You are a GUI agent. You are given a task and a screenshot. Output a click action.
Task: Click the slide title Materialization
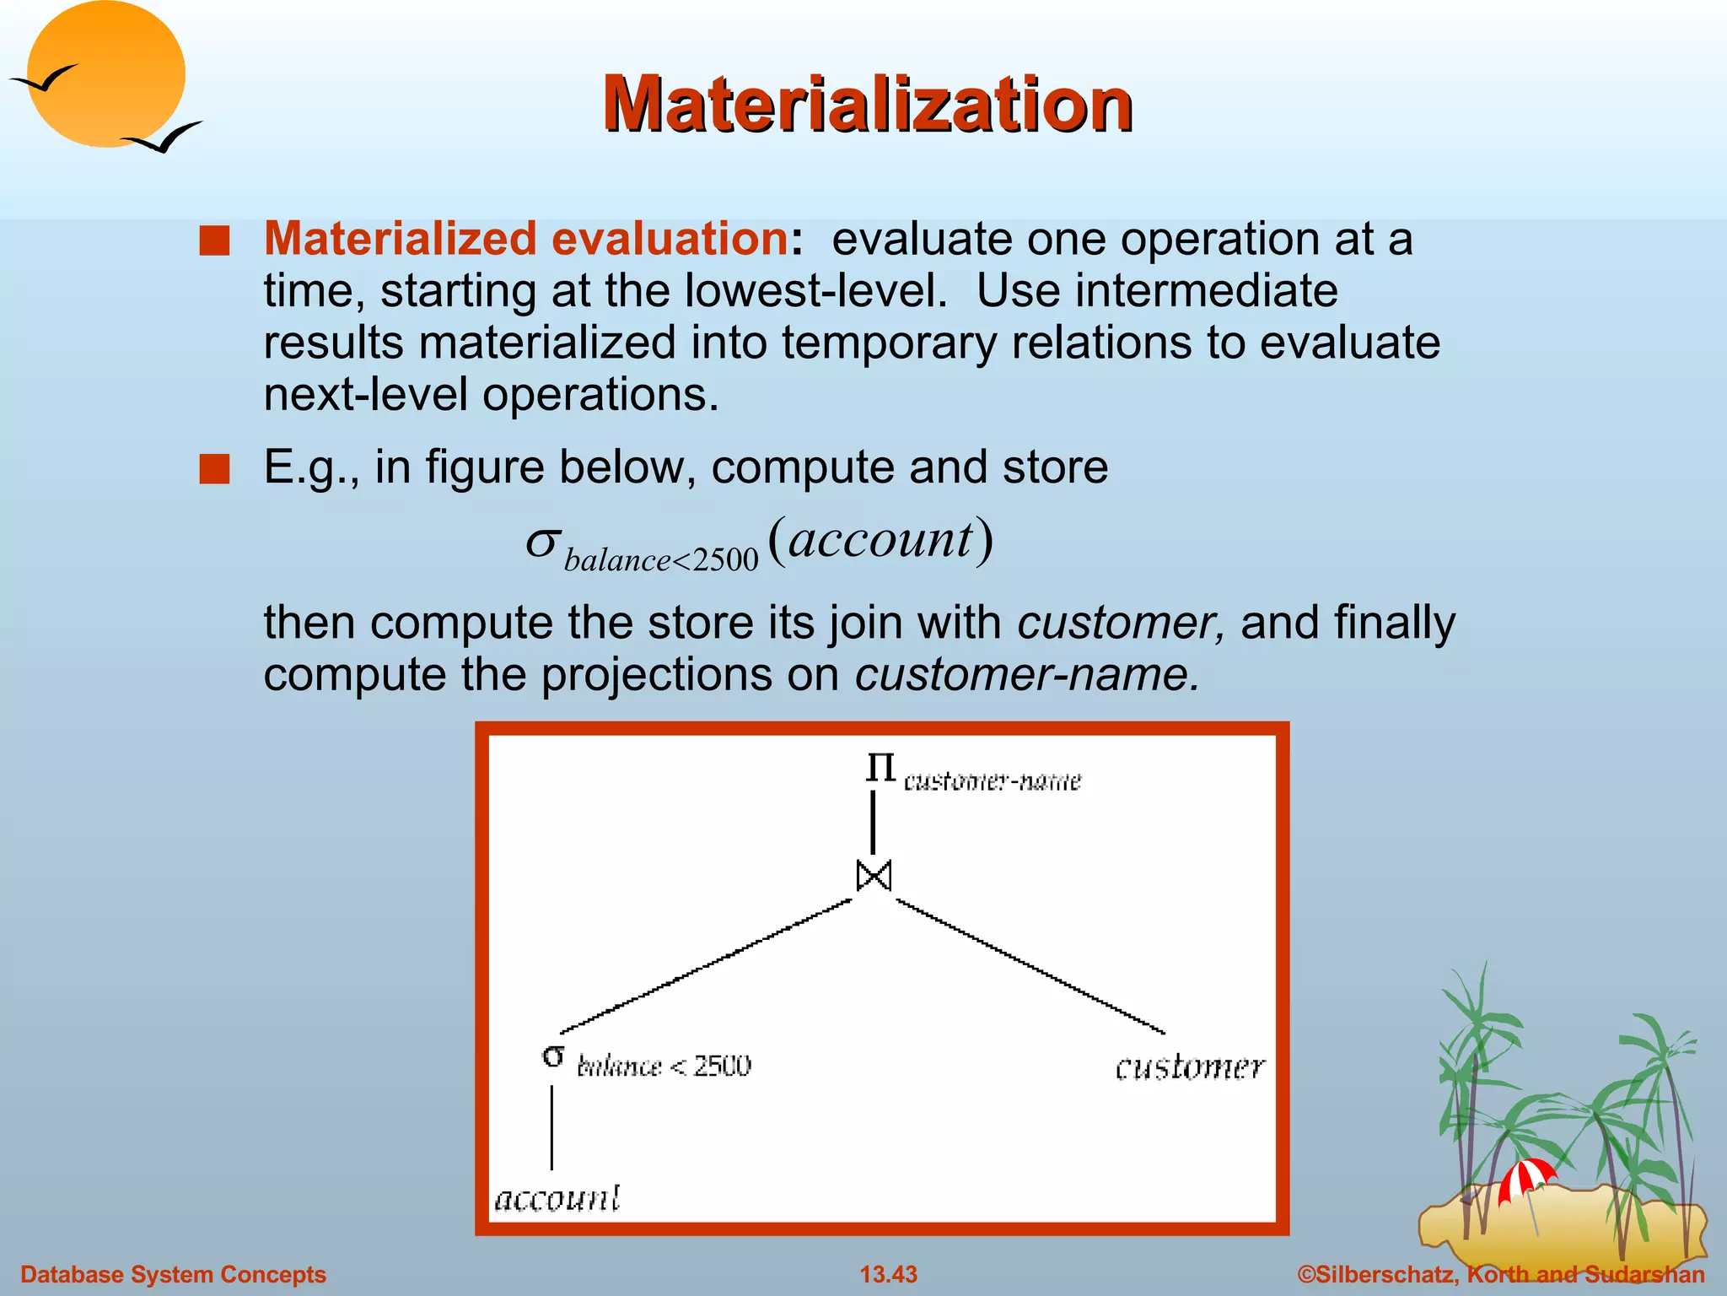tap(867, 105)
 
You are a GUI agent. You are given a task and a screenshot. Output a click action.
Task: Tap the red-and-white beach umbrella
tap(1525, 1178)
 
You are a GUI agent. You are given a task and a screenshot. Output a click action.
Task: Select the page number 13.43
tap(888, 1274)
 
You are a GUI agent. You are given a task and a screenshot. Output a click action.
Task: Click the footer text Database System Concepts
tap(173, 1274)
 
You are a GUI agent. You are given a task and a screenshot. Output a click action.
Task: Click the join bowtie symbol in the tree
tap(874, 876)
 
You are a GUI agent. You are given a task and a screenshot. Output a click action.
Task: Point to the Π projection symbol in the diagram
tap(880, 768)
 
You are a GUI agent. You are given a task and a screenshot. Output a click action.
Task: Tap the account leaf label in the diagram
tap(557, 1198)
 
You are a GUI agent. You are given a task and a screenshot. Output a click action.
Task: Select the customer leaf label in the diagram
tap(1190, 1067)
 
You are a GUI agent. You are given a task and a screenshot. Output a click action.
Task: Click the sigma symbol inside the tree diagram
tap(553, 1056)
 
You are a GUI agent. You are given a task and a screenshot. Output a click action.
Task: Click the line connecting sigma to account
tap(552, 1127)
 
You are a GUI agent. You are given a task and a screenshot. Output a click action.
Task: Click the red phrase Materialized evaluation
tap(526, 239)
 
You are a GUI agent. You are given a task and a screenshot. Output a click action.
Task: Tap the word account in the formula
tap(880, 539)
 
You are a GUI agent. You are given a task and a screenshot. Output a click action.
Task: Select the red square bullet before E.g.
tap(214, 469)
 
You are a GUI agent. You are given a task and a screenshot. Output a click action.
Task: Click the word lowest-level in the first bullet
tap(816, 291)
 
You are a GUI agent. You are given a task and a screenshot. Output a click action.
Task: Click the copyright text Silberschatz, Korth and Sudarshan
tap(1501, 1274)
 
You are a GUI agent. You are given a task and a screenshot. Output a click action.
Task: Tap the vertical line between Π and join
tap(873, 823)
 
